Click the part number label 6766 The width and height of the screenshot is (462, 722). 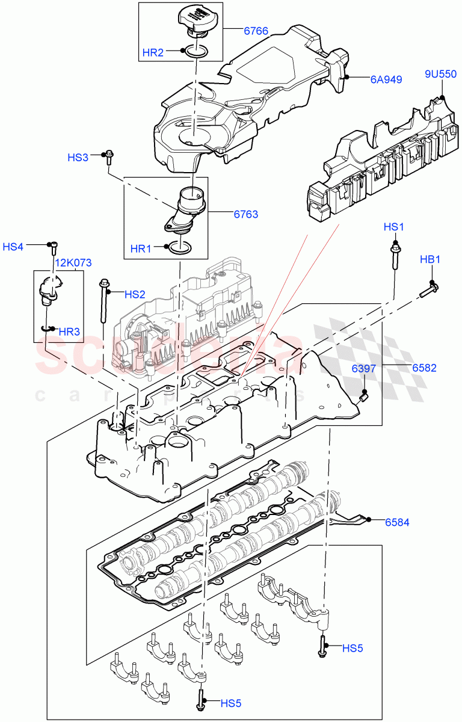click(256, 30)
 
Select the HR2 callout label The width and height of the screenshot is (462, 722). click(153, 52)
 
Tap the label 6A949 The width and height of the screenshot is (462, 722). click(386, 79)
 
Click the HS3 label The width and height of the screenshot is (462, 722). click(78, 158)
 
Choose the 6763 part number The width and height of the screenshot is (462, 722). click(245, 213)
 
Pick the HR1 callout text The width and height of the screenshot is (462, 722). click(142, 248)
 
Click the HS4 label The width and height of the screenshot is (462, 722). click(13, 247)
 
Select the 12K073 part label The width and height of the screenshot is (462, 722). click(73, 263)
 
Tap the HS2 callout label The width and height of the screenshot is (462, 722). click(135, 294)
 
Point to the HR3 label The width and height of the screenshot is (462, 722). click(69, 331)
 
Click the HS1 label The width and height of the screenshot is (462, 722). click(395, 227)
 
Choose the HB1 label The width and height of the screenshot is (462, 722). click(430, 260)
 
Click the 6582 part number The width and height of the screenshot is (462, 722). click(424, 368)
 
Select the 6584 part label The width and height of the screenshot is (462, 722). click(396, 522)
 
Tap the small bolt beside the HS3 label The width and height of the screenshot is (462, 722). click(109, 157)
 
